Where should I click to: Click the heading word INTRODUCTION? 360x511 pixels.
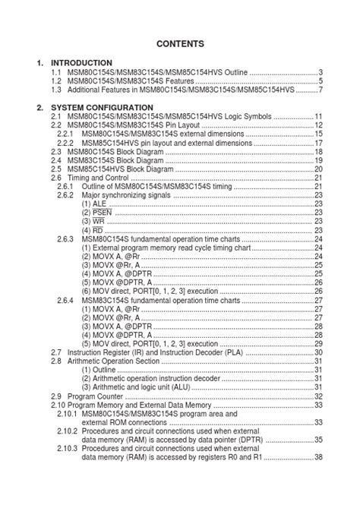click(x=81, y=62)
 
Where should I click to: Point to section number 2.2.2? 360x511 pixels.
click(x=65, y=143)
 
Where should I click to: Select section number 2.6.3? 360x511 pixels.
click(x=65, y=239)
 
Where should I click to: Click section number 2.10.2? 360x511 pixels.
click(x=67, y=431)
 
